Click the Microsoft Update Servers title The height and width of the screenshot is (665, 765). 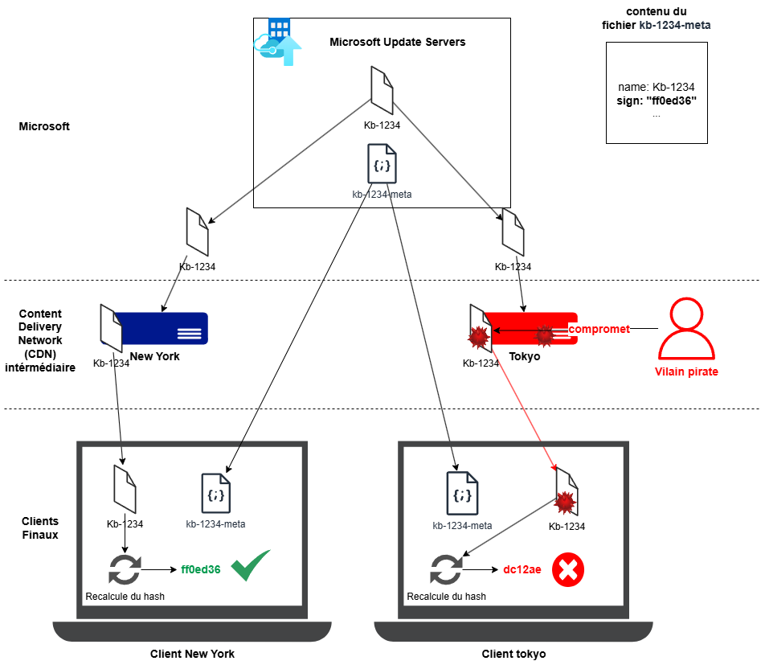(x=397, y=42)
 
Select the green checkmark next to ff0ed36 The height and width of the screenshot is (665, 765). (x=251, y=565)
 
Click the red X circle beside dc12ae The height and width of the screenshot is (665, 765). (x=567, y=570)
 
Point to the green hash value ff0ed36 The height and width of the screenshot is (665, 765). (x=201, y=569)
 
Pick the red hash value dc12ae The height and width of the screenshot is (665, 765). (x=522, y=570)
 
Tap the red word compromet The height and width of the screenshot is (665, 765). (x=599, y=330)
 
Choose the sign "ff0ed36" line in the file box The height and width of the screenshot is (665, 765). (x=657, y=101)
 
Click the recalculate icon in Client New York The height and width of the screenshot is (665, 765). (x=124, y=570)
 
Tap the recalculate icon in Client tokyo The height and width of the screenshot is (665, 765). (x=446, y=570)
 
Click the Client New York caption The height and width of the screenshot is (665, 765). (x=192, y=654)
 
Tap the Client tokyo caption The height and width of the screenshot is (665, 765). (x=513, y=654)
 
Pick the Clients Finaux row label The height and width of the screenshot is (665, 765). (x=39, y=527)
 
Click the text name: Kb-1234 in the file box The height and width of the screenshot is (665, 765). (x=657, y=87)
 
